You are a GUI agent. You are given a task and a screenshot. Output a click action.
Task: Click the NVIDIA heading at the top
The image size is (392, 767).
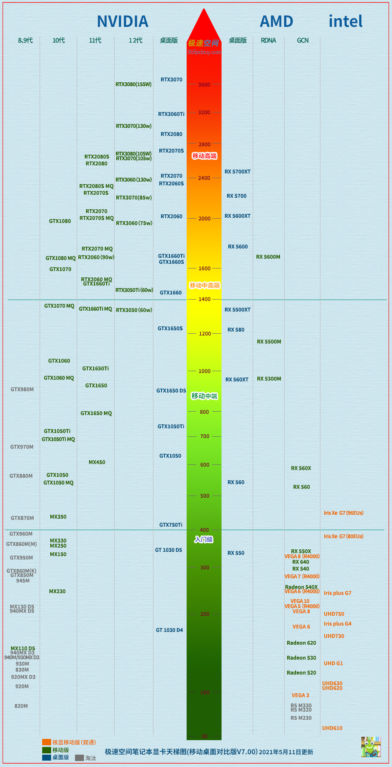pyautogui.click(x=123, y=21)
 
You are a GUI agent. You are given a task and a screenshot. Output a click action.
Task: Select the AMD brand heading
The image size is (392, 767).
pyautogui.click(x=277, y=21)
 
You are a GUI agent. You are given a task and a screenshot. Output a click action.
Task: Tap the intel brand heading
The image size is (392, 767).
pyautogui.click(x=346, y=21)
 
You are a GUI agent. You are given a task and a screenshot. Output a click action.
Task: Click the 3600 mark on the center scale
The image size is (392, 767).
pyautogui.click(x=204, y=85)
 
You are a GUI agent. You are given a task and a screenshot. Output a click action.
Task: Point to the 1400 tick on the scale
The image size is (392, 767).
pyautogui.click(x=204, y=300)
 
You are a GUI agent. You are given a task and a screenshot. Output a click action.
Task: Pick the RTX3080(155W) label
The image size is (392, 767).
pyautogui.click(x=133, y=84)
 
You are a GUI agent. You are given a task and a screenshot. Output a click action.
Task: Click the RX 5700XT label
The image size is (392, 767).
pyautogui.click(x=237, y=172)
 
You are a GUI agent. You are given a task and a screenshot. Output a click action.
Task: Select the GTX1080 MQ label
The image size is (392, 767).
pyautogui.click(x=61, y=258)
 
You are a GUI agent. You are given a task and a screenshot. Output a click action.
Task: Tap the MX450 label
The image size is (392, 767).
pyautogui.click(x=97, y=462)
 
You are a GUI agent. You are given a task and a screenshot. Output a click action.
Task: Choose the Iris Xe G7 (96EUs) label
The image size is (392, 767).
pyautogui.click(x=343, y=513)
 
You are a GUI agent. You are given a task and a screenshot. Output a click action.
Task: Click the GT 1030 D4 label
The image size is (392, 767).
pyautogui.click(x=169, y=630)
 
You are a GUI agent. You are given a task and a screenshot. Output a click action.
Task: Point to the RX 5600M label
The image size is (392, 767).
pyautogui.click(x=268, y=257)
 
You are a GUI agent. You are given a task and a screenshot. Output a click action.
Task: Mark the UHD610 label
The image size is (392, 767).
pyautogui.click(x=332, y=728)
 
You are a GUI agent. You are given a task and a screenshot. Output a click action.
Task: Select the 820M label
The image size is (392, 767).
pyautogui.click(x=21, y=706)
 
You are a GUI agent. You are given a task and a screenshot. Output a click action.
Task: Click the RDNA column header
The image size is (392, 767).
pyautogui.click(x=268, y=40)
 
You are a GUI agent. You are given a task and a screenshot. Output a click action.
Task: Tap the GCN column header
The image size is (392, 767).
pyautogui.click(x=303, y=40)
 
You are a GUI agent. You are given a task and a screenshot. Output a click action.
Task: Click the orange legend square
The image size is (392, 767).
pyautogui.click(x=46, y=742)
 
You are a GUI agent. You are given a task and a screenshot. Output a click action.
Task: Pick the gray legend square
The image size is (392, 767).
pyautogui.click(x=79, y=758)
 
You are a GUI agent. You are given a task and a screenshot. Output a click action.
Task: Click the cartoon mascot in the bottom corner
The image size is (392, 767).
pyautogui.click(x=371, y=747)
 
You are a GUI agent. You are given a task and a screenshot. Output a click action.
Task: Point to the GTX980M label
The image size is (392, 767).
pyautogui.click(x=22, y=389)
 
